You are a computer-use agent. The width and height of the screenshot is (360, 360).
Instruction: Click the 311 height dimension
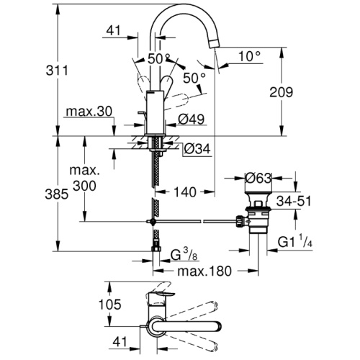click(57, 71)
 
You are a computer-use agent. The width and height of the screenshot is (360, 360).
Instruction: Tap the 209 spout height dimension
click(281, 92)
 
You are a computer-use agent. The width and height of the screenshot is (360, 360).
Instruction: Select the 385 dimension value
click(57, 194)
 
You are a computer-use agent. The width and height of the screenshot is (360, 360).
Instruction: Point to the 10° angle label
click(249, 56)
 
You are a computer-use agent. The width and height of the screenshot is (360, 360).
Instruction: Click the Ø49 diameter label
click(192, 119)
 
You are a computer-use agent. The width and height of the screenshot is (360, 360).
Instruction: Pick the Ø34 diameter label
click(197, 149)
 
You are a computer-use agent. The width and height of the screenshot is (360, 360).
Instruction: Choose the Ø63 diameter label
click(258, 178)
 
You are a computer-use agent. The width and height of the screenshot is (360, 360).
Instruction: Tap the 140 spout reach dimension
click(184, 192)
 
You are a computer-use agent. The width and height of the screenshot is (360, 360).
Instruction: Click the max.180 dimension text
click(204, 271)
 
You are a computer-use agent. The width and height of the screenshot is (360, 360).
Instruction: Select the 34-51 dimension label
click(294, 201)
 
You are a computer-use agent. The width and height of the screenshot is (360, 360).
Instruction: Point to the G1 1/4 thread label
click(295, 241)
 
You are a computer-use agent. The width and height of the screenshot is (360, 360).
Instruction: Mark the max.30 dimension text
click(89, 112)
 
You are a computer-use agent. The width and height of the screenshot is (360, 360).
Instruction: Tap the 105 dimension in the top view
click(110, 305)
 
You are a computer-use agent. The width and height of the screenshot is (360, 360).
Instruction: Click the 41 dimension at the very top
click(113, 30)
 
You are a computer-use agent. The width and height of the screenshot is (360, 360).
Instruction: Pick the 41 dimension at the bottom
click(120, 342)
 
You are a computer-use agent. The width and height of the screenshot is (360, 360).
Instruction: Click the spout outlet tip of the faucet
click(215, 44)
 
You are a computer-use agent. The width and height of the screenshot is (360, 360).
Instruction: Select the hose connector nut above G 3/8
click(156, 248)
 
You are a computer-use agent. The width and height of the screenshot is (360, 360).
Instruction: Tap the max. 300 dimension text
click(84, 178)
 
